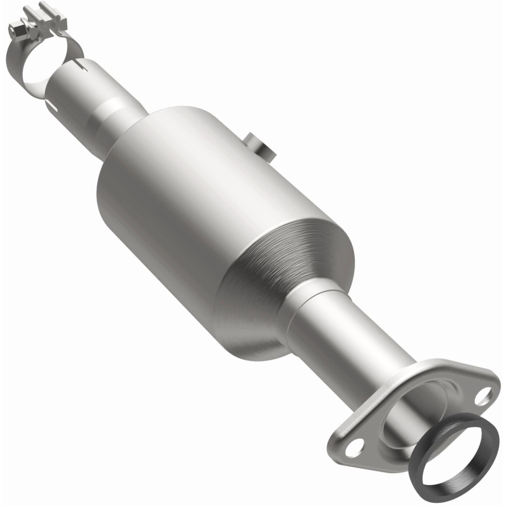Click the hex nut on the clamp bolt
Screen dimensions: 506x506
pos(18,30)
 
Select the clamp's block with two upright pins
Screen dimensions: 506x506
pos(51,19)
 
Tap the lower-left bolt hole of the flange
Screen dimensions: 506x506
pos(355,450)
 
